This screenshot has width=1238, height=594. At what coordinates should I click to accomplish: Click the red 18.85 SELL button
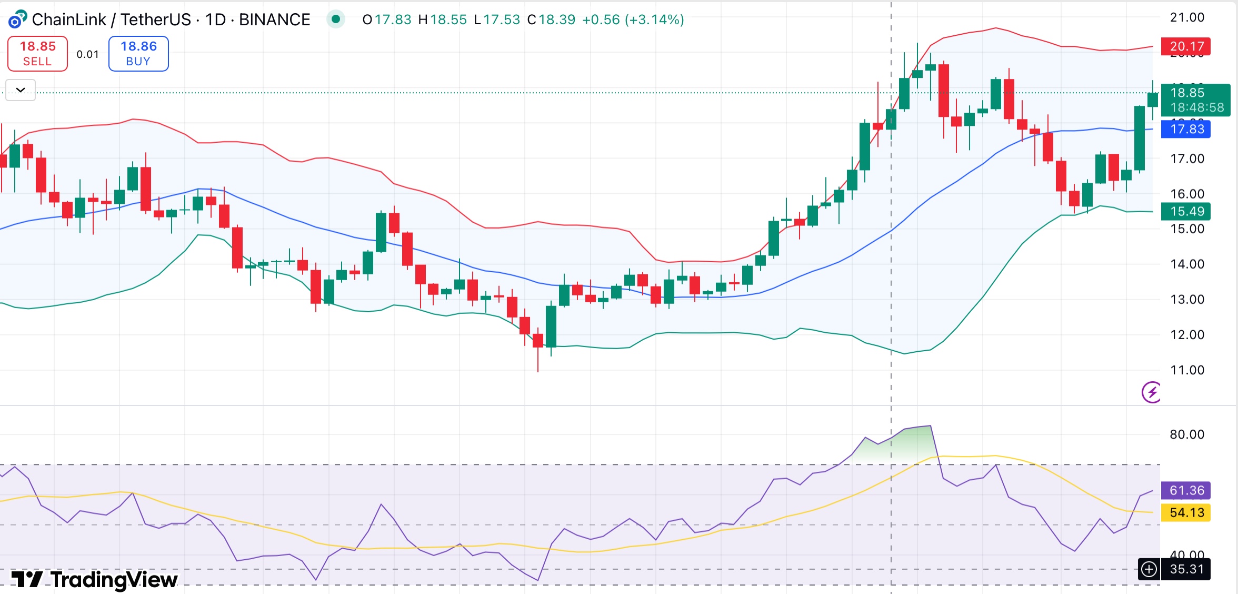pos(37,53)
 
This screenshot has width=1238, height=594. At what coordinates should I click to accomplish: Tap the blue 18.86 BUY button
pos(138,53)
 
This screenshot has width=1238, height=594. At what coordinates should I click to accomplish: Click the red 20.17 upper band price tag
pos(1186,46)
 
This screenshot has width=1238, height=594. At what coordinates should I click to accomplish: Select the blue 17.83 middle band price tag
pos(1186,129)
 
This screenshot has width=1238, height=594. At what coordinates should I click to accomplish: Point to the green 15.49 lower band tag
pos(1186,211)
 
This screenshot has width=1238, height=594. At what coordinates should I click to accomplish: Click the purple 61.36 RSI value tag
pos(1186,490)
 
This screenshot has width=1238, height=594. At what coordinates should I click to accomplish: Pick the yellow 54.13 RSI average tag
pos(1186,512)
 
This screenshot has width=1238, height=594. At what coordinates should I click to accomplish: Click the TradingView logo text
pos(114,580)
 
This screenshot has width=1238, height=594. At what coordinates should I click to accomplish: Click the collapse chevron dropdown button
pos(21,90)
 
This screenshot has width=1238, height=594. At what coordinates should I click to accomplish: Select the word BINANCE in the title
pos(274,19)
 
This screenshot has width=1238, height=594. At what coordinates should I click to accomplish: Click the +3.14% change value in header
pos(654,19)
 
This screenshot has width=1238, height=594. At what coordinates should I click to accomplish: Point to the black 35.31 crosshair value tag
pos(1186,569)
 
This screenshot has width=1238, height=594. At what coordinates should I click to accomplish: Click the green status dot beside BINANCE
pos(336,19)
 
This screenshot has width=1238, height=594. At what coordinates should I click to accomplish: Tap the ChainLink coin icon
pos(17,19)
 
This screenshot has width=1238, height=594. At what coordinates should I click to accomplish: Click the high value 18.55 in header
pos(448,19)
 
